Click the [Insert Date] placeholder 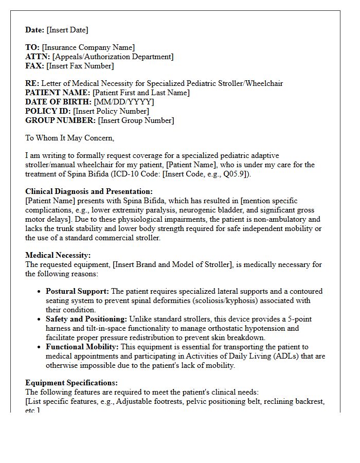coord(67,30)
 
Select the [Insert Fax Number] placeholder coord(80,66)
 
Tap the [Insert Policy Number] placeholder coord(111,111)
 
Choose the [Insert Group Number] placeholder coord(136,120)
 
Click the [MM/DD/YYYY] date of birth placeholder coord(124,102)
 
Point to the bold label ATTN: coord(38,57)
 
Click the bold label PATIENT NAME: coord(58,93)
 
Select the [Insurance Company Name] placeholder coord(88,47)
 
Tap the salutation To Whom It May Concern coord(70,138)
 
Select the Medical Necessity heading coord(58,255)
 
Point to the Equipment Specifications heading coord(71,383)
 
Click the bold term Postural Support coord(77,291)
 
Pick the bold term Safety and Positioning coord(86,319)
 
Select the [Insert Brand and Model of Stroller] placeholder coord(172,264)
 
